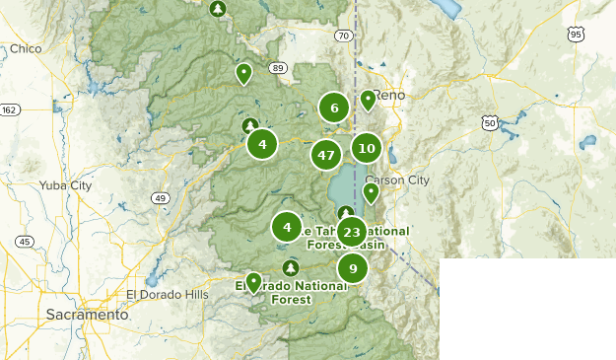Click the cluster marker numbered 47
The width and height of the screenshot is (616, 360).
pyautogui.click(x=326, y=155)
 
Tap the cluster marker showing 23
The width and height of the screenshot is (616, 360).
pyautogui.click(x=352, y=233)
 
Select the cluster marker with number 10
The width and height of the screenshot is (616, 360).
pyautogui.click(x=367, y=148)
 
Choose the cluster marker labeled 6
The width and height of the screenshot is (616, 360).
pyautogui.click(x=334, y=108)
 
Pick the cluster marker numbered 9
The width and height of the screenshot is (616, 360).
pyautogui.click(x=352, y=268)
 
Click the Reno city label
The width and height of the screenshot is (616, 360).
pyautogui.click(x=388, y=95)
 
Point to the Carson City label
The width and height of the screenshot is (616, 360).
pyautogui.click(x=397, y=180)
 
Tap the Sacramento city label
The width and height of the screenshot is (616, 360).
pyautogui.click(x=87, y=315)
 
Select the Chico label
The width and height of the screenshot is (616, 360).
pyautogui.click(x=27, y=48)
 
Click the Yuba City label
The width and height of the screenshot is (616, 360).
pyautogui.click(x=65, y=184)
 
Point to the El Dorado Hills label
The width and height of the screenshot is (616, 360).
pyautogui.click(x=168, y=294)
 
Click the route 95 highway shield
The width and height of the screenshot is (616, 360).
pyautogui.click(x=576, y=35)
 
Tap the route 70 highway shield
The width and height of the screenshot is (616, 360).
pyautogui.click(x=342, y=36)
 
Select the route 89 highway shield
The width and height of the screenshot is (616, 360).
pyautogui.click(x=279, y=68)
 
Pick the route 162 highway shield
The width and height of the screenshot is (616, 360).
pyautogui.click(x=10, y=109)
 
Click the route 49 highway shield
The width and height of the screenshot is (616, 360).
pyautogui.click(x=159, y=198)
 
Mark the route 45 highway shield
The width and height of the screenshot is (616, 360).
pyautogui.click(x=25, y=241)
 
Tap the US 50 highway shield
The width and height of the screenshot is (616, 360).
pyautogui.click(x=489, y=122)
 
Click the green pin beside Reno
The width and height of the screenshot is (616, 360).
pyautogui.click(x=368, y=99)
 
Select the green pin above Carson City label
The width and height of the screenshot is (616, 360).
pyautogui.click(x=371, y=192)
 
